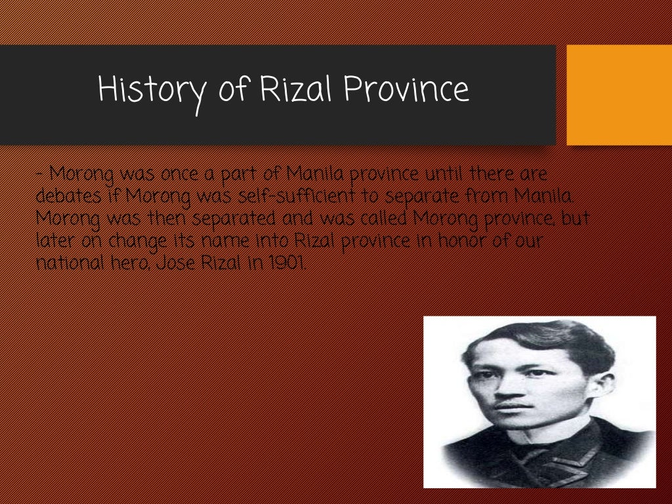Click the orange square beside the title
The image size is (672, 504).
[x=618, y=94]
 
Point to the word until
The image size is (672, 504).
[x=446, y=175]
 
